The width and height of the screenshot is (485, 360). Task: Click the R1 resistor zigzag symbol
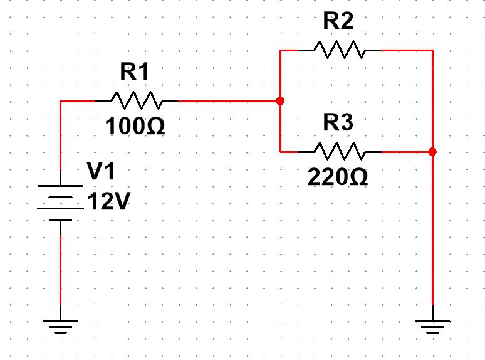click(136, 100)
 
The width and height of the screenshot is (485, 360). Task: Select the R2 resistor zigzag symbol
click(338, 50)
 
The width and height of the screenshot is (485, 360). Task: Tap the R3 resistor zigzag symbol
click(338, 151)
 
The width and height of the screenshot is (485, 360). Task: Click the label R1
click(135, 73)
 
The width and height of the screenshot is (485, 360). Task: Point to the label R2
click(338, 22)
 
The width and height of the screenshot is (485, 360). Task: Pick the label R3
click(338, 124)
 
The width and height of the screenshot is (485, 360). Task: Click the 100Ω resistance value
click(135, 127)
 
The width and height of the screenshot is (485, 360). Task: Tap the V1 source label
click(101, 171)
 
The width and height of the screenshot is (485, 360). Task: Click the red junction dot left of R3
click(280, 100)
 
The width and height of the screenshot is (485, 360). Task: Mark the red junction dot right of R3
click(432, 151)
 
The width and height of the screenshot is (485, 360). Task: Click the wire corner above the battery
click(60, 100)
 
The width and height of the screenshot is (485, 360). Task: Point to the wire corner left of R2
click(280, 50)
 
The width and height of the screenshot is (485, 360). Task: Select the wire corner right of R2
click(432, 50)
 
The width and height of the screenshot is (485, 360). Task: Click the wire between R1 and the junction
click(226, 100)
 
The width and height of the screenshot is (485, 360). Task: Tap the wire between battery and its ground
click(60, 270)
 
